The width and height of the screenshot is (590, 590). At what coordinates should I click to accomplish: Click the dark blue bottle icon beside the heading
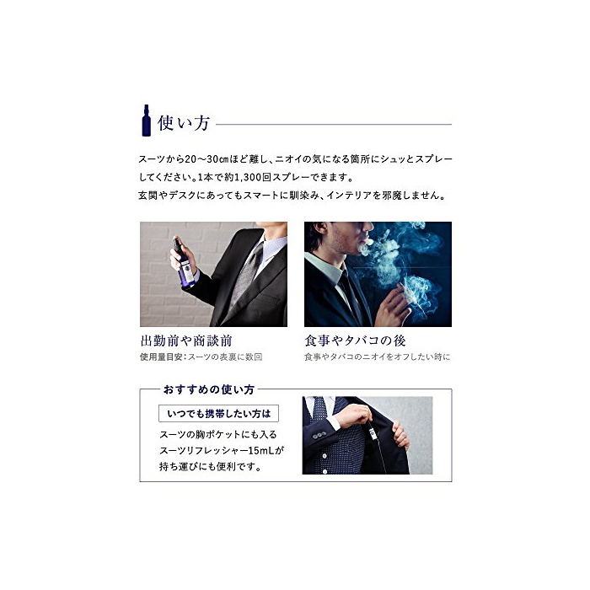[146, 121]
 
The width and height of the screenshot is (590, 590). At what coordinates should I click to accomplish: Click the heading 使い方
[184, 123]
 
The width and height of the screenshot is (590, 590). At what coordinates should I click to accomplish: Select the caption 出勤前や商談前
[186, 341]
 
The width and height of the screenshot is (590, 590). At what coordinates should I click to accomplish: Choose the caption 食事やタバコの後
[355, 341]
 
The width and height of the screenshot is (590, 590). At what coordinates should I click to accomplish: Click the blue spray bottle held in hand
[184, 262]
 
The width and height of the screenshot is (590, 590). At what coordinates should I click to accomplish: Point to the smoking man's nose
[368, 226]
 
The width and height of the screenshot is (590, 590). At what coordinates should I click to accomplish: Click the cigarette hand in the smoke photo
[393, 305]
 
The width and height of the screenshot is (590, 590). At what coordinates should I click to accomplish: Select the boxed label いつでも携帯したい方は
[218, 414]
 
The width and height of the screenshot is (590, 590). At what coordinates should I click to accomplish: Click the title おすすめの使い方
[209, 389]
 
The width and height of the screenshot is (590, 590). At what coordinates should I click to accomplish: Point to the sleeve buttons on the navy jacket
[319, 436]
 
